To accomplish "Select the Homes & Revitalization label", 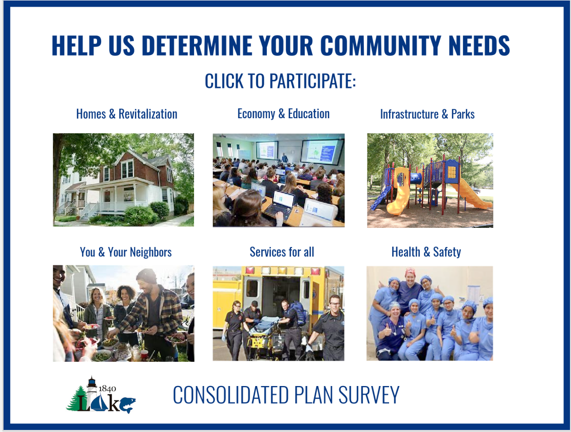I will click(x=126, y=114).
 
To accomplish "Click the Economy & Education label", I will click(x=283, y=114).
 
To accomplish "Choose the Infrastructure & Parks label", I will click(x=427, y=114).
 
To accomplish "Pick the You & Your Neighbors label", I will click(x=126, y=252).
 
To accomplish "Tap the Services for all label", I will click(x=281, y=252).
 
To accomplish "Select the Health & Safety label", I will click(x=426, y=252).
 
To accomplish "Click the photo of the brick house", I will click(x=123, y=179).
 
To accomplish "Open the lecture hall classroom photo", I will click(x=278, y=180).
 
